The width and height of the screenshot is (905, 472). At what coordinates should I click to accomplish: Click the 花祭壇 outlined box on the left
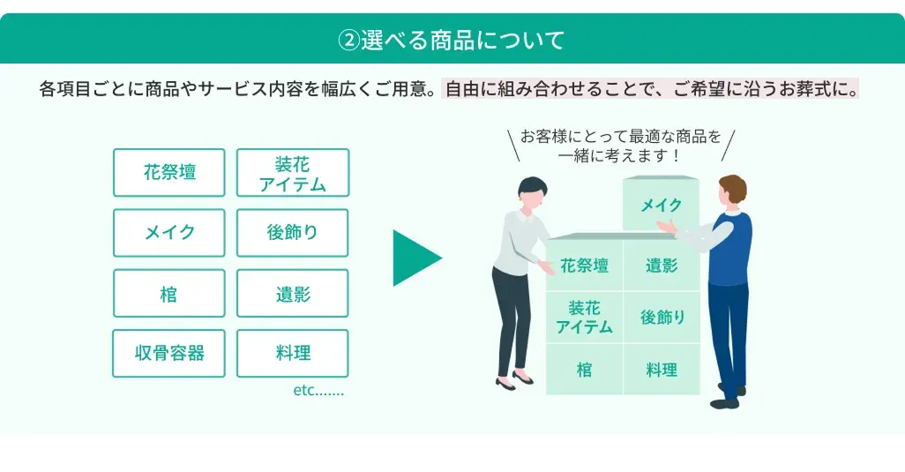click(x=169, y=173)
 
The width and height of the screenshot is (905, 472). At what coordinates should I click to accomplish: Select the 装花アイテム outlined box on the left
click(x=293, y=173)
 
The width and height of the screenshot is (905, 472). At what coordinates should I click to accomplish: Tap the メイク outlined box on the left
click(x=169, y=233)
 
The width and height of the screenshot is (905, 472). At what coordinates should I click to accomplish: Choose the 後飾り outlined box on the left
click(x=293, y=233)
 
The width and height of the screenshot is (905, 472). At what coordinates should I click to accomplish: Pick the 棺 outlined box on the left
click(x=169, y=293)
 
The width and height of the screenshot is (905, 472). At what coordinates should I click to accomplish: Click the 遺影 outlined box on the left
click(x=293, y=293)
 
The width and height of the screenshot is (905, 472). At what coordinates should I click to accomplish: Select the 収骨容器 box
click(x=169, y=353)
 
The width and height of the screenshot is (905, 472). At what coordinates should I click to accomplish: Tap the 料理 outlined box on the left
click(x=293, y=353)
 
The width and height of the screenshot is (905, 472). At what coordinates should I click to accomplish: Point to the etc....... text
click(x=318, y=390)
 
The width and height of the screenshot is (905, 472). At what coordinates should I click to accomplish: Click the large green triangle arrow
click(x=415, y=258)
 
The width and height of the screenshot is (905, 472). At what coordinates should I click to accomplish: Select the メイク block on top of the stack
click(x=661, y=206)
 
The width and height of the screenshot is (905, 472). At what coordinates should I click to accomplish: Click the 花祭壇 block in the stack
click(x=584, y=266)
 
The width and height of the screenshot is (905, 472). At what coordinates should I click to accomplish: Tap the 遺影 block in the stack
click(x=662, y=266)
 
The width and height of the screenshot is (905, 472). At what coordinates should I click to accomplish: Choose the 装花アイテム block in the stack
click(x=584, y=318)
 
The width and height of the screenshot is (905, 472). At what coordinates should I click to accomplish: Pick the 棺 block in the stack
click(x=584, y=370)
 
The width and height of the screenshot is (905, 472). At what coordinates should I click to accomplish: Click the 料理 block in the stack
click(x=662, y=370)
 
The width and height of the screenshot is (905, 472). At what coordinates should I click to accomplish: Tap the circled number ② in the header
click(x=348, y=40)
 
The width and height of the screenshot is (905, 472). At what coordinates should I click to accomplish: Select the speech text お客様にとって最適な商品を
click(x=620, y=137)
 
